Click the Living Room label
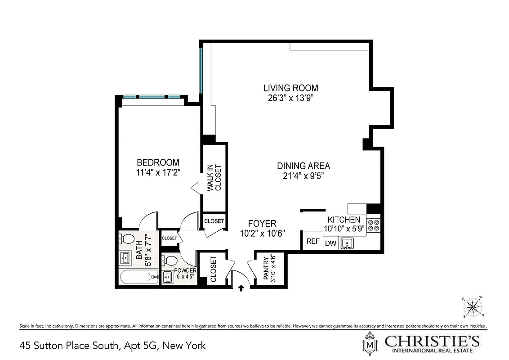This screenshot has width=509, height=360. coord(290,88)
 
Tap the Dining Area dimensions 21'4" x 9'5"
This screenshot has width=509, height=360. coord(304,175)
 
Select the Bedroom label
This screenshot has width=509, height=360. coord(158,162)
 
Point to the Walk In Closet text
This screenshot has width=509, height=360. coord(214,178)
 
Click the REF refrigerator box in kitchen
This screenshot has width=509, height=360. coord(313,241)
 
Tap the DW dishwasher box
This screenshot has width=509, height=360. coord(330,243)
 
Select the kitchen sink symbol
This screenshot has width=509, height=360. coord(347,243)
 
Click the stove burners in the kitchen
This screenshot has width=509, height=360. coord(374,225)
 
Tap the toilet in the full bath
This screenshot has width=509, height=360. coord(125,238)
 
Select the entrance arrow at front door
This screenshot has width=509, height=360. coord(241,288)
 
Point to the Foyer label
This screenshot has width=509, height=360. coord(262,223)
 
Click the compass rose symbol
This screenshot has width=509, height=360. coord(472,307)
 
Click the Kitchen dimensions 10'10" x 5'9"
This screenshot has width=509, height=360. coord(344,229)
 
